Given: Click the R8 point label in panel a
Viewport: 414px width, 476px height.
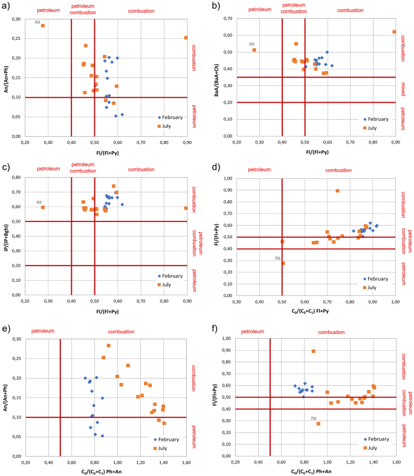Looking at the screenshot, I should (36, 20).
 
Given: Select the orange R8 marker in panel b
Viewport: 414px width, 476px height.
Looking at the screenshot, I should (254, 50).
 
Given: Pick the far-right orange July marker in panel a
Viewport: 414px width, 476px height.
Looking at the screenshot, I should (186, 37).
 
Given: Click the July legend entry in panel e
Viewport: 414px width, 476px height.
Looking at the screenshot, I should (163, 448).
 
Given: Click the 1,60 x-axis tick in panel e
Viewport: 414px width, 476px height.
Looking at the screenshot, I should (186, 462).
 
